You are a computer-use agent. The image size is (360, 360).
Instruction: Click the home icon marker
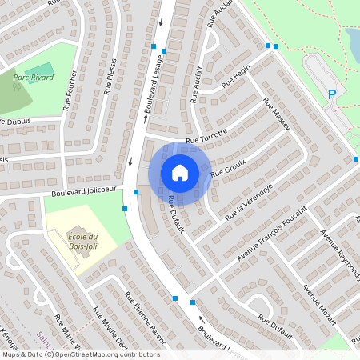[180, 172]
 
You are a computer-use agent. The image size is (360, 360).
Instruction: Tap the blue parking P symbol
[332, 95]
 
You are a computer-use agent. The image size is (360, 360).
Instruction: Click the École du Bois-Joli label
[82, 241]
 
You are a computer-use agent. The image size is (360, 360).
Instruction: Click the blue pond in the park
[352, 44]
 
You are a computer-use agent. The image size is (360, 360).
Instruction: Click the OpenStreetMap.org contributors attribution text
[108, 354]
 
